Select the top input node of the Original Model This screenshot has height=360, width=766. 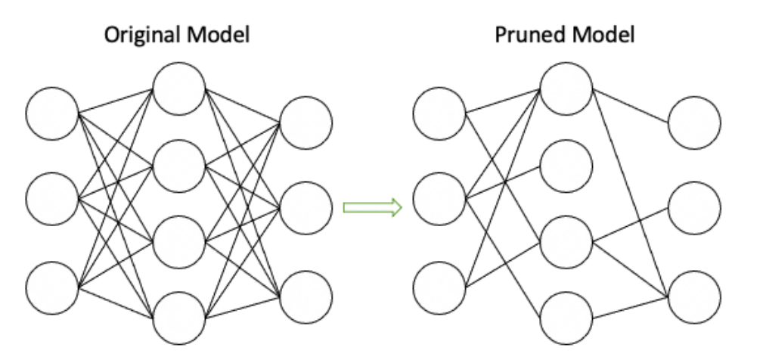click(x=52, y=114)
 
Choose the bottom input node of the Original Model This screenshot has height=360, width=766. click(x=52, y=287)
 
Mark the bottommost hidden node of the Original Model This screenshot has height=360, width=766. click(x=179, y=318)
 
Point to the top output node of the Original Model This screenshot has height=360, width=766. click(x=306, y=121)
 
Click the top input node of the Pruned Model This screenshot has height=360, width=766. click(x=438, y=115)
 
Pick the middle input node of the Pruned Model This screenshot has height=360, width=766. click(x=438, y=200)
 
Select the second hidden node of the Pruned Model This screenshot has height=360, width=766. click(x=566, y=165)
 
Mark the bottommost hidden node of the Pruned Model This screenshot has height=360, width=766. click(x=566, y=318)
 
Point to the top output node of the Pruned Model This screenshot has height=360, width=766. click(x=694, y=121)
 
